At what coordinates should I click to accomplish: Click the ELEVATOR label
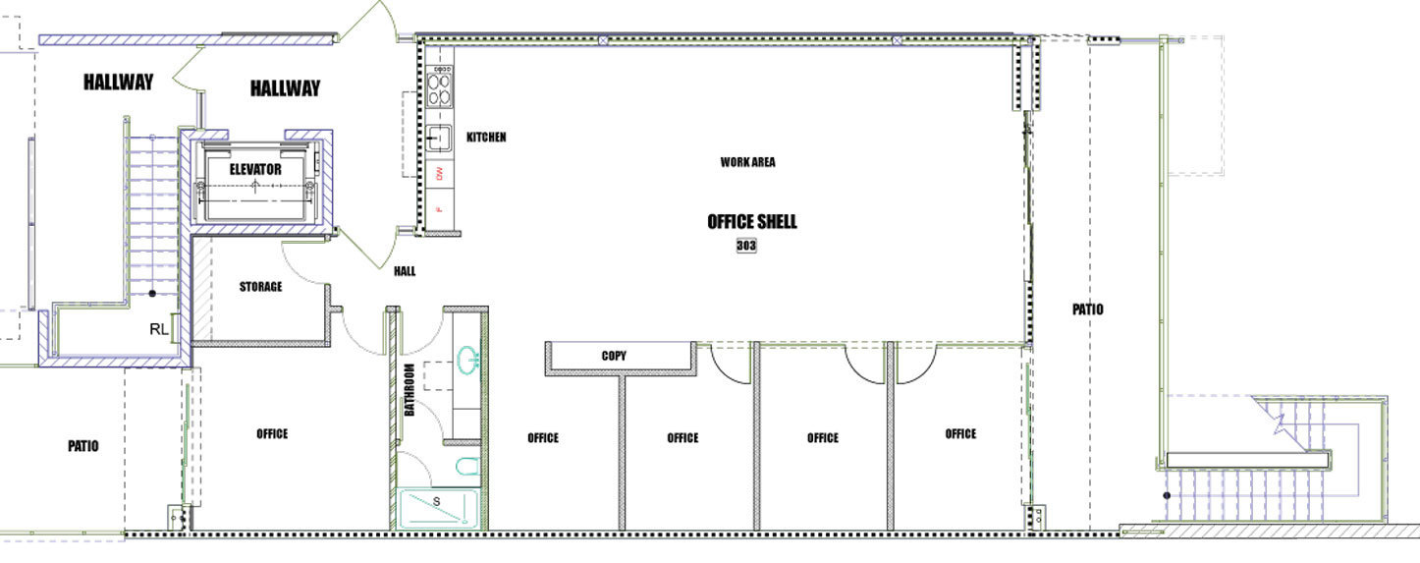tap(255, 169)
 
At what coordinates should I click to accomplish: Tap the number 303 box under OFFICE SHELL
tap(746, 246)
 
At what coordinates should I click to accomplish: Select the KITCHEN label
tap(486, 137)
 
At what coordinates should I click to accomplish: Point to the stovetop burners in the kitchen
tap(439, 90)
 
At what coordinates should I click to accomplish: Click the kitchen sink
tap(439, 138)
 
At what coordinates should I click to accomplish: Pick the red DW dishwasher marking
tap(440, 173)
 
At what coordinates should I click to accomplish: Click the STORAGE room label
tap(260, 287)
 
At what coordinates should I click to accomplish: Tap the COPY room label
tap(614, 356)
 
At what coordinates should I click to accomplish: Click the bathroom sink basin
tap(467, 361)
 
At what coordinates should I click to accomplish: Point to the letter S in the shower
tap(436, 501)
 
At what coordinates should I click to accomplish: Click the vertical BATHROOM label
tap(409, 390)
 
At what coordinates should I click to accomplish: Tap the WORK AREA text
tap(747, 162)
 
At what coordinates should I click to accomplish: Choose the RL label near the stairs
tap(158, 329)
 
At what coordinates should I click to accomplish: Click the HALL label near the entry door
tap(405, 271)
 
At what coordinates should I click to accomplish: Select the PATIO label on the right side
tap(1088, 310)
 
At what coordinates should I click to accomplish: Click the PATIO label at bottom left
tap(83, 446)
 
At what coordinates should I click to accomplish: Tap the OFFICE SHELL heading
tap(752, 221)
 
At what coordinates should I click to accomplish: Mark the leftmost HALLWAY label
tap(118, 82)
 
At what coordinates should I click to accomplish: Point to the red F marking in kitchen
tap(440, 209)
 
